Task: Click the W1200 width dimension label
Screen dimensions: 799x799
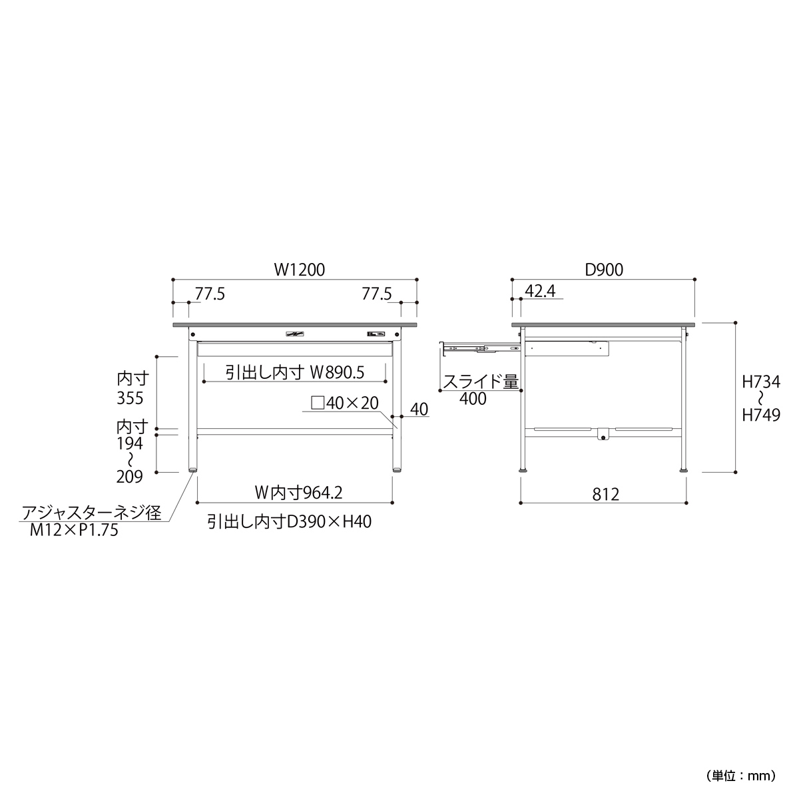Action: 300,270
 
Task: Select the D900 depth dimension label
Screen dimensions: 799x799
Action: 604,270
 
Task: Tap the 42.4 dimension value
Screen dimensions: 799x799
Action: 540,292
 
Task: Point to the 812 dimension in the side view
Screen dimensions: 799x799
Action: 606,494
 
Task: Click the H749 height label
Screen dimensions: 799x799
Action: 761,415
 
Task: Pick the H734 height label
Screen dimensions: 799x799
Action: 761,382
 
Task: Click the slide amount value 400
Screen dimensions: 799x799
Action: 473,399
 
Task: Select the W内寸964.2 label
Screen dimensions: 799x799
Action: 298,493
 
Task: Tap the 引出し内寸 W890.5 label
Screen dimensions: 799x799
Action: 295,372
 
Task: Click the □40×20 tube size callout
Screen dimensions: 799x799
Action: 344,403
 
